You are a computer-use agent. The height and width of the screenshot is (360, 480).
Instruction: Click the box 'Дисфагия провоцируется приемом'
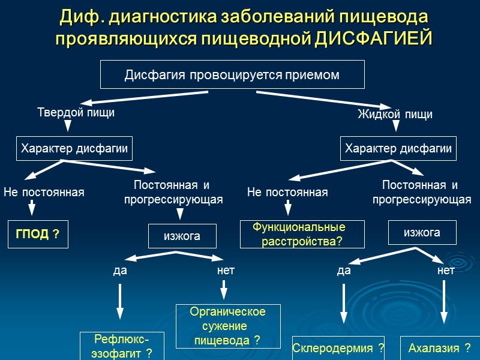click(232, 75)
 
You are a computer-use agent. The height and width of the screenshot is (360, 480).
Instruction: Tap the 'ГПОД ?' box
click(37, 234)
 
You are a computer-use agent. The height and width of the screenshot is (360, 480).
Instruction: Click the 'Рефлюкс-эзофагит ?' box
click(121, 346)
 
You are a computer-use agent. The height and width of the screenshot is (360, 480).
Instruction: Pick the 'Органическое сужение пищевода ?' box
click(227, 326)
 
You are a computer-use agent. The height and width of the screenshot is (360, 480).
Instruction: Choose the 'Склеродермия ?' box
click(338, 348)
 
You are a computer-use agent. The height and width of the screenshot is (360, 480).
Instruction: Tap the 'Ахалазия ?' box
click(440, 348)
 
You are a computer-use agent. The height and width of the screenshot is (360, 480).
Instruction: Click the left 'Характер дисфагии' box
click(74, 149)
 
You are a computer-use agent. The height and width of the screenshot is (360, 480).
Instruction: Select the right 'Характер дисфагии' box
click(398, 149)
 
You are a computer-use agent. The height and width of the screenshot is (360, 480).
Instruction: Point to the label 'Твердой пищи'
click(76, 112)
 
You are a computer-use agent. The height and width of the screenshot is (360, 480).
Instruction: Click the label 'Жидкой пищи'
click(395, 114)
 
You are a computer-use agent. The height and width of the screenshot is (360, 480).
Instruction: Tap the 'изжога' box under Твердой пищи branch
click(182, 236)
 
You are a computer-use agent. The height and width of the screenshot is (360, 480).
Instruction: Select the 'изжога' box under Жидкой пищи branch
click(422, 232)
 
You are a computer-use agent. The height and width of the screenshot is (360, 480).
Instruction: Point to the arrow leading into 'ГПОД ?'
click(32, 208)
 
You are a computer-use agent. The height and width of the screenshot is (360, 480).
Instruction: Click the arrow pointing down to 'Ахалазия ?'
click(444, 306)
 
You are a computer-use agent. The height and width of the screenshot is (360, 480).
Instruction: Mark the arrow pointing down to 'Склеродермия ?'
click(344, 306)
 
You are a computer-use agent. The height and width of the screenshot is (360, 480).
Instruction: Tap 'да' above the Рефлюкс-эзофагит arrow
click(120, 271)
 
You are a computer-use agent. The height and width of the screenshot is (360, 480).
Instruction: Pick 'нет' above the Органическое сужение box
click(226, 271)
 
